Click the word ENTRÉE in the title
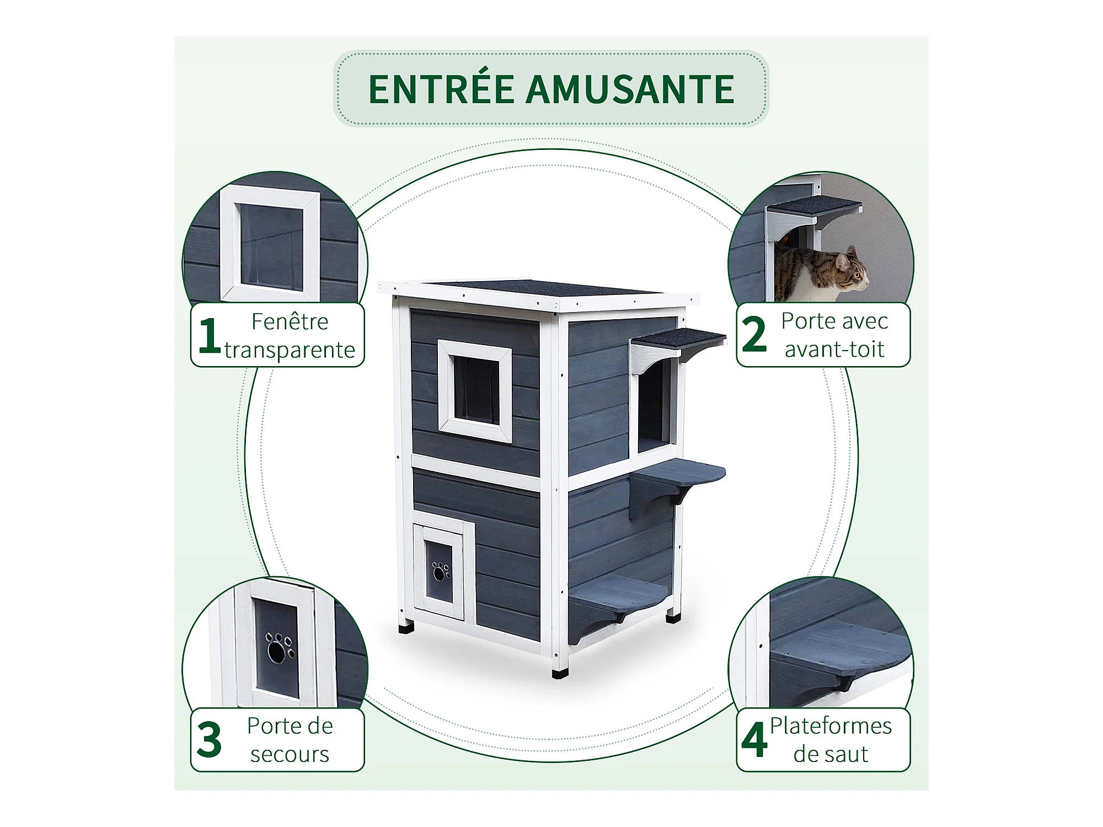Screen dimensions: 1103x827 441,89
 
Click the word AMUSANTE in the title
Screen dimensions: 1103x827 630,89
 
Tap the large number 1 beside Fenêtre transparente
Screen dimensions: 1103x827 209,335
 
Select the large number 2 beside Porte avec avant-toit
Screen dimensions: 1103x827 754,334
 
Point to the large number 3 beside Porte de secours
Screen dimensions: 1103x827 209,739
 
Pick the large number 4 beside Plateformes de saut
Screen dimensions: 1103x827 754,739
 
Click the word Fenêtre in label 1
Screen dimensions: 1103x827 290,321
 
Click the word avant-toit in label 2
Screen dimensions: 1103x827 834,350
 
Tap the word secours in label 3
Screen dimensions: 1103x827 290,754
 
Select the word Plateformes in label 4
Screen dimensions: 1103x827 831,726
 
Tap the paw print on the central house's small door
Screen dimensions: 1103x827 441,572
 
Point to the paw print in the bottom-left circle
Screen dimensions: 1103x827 280,648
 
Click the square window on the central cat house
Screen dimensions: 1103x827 475,390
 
